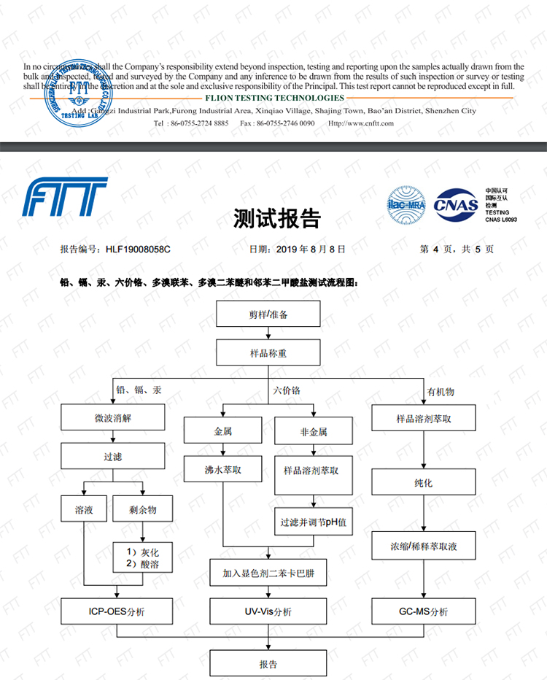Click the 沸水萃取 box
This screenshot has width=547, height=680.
(x=222, y=471)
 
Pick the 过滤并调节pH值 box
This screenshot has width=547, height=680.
(x=314, y=522)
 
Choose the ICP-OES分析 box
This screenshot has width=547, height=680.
(x=117, y=611)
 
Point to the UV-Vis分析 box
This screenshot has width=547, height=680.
(x=268, y=611)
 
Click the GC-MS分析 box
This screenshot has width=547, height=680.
(x=424, y=611)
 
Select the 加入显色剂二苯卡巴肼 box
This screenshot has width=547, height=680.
(x=268, y=573)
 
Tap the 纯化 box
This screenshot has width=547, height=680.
(x=424, y=482)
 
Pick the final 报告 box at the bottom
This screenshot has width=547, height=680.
(x=268, y=663)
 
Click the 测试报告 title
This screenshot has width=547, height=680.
(x=276, y=218)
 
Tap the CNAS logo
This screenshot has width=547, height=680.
(x=456, y=204)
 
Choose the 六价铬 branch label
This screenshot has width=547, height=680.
(x=287, y=391)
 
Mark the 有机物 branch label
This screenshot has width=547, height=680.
(x=441, y=392)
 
